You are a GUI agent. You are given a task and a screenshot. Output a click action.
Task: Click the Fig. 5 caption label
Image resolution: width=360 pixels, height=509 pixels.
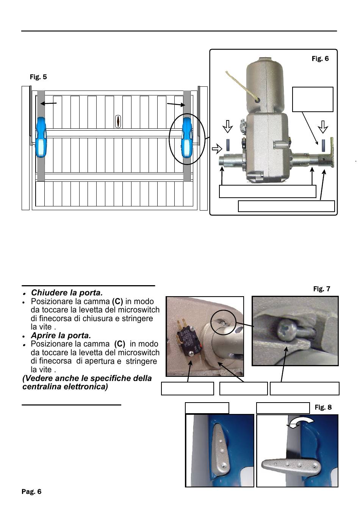point(38,77)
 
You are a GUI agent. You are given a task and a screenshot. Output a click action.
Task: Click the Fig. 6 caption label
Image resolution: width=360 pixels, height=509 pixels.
point(320,59)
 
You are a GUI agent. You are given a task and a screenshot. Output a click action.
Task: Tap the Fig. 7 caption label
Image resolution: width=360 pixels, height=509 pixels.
point(322,289)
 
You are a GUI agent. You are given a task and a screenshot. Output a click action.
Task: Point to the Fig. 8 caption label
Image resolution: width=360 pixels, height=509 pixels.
point(323,407)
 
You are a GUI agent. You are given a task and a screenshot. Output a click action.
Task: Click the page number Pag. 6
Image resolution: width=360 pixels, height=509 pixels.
point(31,492)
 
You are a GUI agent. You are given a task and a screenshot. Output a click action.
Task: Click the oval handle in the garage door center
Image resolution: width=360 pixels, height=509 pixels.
point(118,122)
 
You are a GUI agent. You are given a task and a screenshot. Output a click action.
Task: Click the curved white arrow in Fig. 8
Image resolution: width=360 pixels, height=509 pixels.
point(301,423)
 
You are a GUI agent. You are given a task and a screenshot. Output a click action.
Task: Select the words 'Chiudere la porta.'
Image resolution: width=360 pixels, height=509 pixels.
point(67,293)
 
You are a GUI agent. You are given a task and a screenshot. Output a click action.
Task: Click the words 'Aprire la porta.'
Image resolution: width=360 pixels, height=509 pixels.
point(61,336)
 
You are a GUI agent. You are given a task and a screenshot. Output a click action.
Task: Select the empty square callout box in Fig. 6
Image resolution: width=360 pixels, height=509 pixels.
point(313,99)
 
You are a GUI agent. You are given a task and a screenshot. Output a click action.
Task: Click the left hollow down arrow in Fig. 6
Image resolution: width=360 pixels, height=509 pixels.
point(227,126)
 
